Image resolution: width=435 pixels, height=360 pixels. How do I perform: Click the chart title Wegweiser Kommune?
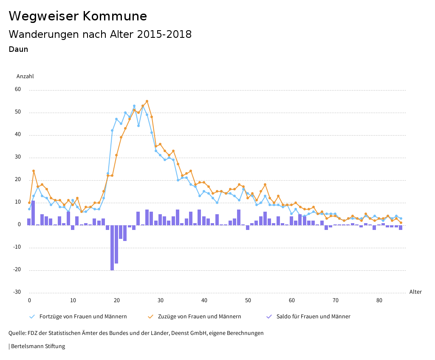pos(78,16)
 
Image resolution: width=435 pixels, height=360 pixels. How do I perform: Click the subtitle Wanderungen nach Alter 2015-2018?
pos(100,34)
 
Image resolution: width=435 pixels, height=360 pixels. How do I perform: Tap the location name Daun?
pos(18,49)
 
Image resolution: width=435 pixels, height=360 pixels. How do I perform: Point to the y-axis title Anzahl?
pos(25,77)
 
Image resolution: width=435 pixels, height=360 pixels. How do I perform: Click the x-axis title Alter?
pos(415,292)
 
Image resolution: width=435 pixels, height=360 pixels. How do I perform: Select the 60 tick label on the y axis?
pos(18,90)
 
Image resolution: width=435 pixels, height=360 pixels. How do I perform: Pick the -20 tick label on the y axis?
pos(17,270)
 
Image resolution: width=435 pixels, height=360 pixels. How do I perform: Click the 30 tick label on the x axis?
pos(161,300)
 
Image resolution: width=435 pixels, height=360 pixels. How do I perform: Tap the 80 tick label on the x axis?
pos(379,300)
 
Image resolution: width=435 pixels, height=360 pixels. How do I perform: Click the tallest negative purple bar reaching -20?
pos(112,247)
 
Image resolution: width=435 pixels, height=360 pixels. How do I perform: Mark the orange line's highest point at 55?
pos(147,101)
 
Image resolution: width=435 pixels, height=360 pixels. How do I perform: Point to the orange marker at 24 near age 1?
pos(34,171)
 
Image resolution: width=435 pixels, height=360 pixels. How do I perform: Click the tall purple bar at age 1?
pos(33,213)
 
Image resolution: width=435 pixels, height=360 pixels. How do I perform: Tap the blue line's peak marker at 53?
pos(134,106)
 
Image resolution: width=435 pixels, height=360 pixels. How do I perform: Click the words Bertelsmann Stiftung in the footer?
pos(38,346)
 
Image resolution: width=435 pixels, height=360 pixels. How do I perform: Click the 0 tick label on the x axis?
pos(29,300)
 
